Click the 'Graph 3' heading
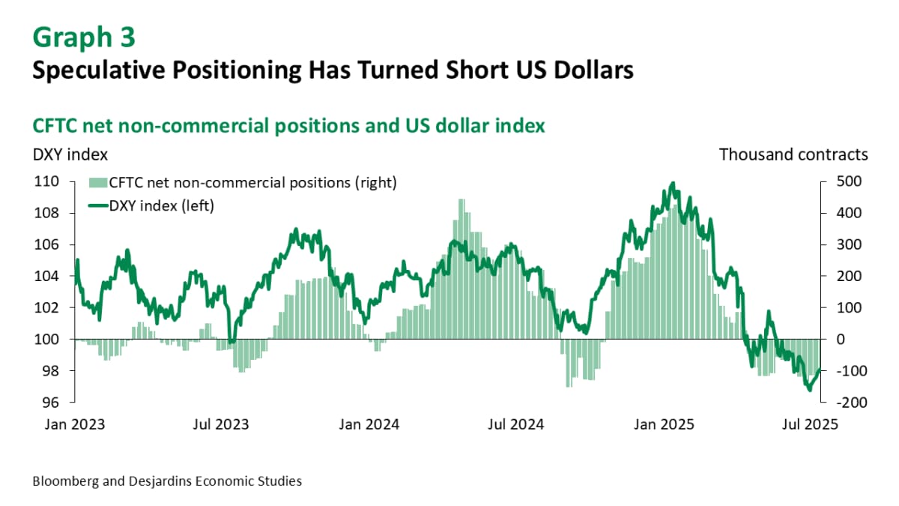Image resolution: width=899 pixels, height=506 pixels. pyautogui.click(x=84, y=37)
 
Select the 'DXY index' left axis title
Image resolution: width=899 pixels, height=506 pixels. pyautogui.click(x=70, y=154)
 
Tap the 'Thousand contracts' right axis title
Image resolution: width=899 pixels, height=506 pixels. pyautogui.click(x=793, y=154)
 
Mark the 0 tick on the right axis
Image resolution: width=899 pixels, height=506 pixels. pyautogui.click(x=841, y=340)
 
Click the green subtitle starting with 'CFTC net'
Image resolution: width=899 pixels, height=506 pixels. pyautogui.click(x=288, y=126)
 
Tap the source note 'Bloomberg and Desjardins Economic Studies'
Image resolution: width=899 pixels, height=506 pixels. pyautogui.click(x=167, y=481)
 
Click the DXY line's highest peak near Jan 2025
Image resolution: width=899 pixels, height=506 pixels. pyautogui.click(x=673, y=183)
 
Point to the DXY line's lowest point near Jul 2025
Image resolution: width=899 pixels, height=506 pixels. pyautogui.click(x=809, y=390)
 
